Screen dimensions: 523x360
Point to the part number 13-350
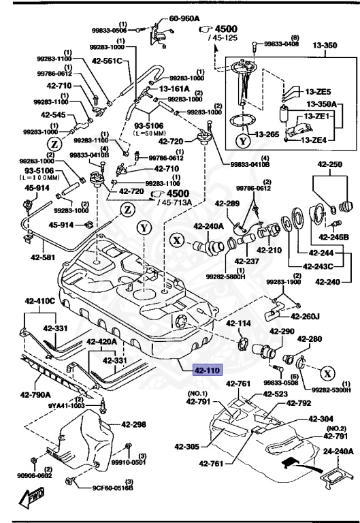point(325,46)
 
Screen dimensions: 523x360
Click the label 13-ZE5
point(318,91)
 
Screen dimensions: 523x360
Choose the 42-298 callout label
point(134,424)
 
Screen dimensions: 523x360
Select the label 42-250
point(329,165)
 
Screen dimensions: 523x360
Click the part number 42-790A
point(35,394)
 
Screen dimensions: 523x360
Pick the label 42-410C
point(39,300)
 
